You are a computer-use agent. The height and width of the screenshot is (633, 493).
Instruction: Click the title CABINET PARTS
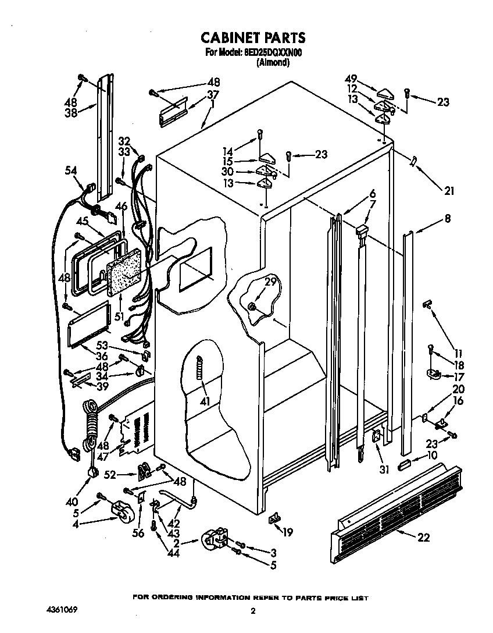pyautogui.click(x=253, y=38)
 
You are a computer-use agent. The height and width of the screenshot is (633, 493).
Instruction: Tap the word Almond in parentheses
pyautogui.click(x=273, y=62)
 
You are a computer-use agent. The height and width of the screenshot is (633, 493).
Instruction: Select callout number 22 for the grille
pyautogui.click(x=424, y=537)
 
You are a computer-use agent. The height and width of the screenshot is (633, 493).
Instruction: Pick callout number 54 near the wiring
pyautogui.click(x=70, y=170)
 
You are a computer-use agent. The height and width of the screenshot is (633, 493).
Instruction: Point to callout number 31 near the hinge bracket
pyautogui.click(x=384, y=469)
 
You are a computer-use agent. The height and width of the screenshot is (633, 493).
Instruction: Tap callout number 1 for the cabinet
pyautogui.click(x=212, y=105)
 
